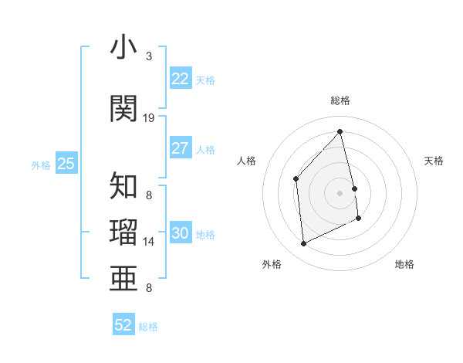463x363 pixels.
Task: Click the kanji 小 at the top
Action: coord(124,48)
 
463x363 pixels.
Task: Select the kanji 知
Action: coord(124,186)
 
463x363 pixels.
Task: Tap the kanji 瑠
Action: coord(124,231)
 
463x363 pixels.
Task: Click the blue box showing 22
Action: coord(181,78)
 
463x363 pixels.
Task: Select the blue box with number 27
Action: coord(181,148)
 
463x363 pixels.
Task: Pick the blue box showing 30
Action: coord(181,233)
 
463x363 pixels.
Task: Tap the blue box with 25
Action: coord(66,163)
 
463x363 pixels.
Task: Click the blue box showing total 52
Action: coord(123,325)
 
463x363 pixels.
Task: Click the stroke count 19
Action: coord(149,117)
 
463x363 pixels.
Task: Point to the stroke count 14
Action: coord(149,242)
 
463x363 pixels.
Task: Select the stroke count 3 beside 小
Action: coord(149,56)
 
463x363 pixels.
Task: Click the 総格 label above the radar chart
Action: coord(340,100)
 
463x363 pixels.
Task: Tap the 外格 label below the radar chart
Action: coord(272,264)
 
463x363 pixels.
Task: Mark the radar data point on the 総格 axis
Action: coord(340,131)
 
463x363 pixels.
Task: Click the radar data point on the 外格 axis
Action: coord(303,244)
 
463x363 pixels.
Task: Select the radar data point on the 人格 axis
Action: coord(296,178)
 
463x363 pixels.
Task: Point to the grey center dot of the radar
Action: coord(340,192)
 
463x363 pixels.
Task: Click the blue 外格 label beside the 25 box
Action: coord(41,165)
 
